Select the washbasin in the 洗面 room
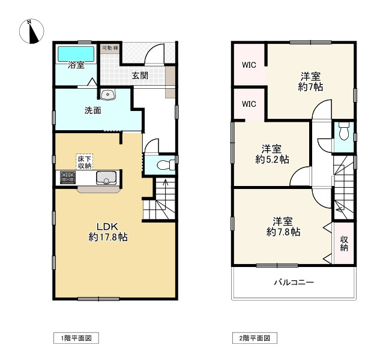(108, 94)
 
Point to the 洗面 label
(92, 110)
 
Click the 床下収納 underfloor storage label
(84, 161)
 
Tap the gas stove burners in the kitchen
(67, 178)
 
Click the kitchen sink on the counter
(106, 178)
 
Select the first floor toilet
(161, 164)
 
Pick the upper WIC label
(249, 65)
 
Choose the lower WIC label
(249, 104)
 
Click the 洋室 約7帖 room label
(310, 82)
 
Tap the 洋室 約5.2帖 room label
(271, 154)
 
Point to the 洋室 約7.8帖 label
(283, 226)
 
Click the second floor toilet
(343, 131)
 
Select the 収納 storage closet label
(344, 243)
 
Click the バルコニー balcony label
(294, 282)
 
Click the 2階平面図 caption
(255, 339)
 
